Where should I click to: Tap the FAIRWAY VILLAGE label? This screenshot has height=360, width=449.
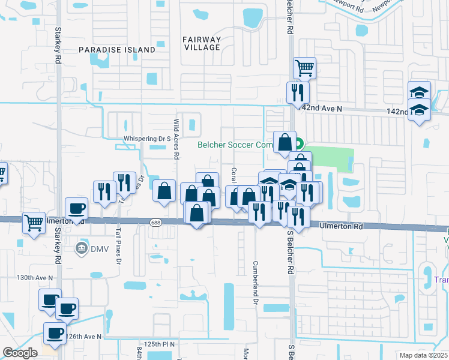[202, 44]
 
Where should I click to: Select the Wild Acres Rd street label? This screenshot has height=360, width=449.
[176, 139]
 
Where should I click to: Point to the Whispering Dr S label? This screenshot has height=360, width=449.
[144, 139]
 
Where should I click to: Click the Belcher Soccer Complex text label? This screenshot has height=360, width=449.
[235, 145]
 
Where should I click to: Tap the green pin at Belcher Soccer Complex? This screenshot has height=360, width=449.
[298, 145]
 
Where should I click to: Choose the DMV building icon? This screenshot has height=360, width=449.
[81, 248]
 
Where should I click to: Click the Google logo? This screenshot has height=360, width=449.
[20, 353]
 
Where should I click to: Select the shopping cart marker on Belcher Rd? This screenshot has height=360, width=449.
[304, 68]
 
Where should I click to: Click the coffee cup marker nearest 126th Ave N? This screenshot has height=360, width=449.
[55, 334]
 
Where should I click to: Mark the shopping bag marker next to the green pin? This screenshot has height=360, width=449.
[285, 142]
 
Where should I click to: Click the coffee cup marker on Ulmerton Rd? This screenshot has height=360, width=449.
[76, 208]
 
